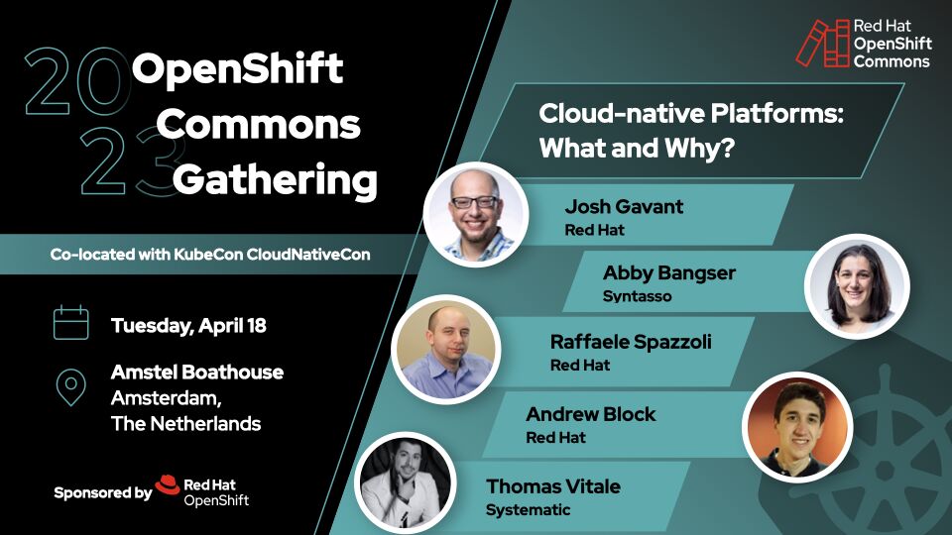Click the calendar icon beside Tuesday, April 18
(70, 324)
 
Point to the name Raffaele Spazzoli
(631, 342)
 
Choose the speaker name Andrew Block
(590, 414)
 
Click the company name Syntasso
(637, 295)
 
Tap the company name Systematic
(528, 509)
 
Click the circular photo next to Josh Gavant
(474, 212)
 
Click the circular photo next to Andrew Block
(797, 426)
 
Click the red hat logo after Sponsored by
(168, 487)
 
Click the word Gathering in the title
(275, 181)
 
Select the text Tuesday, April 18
(188, 325)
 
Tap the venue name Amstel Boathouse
(197, 372)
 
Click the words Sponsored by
(102, 492)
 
